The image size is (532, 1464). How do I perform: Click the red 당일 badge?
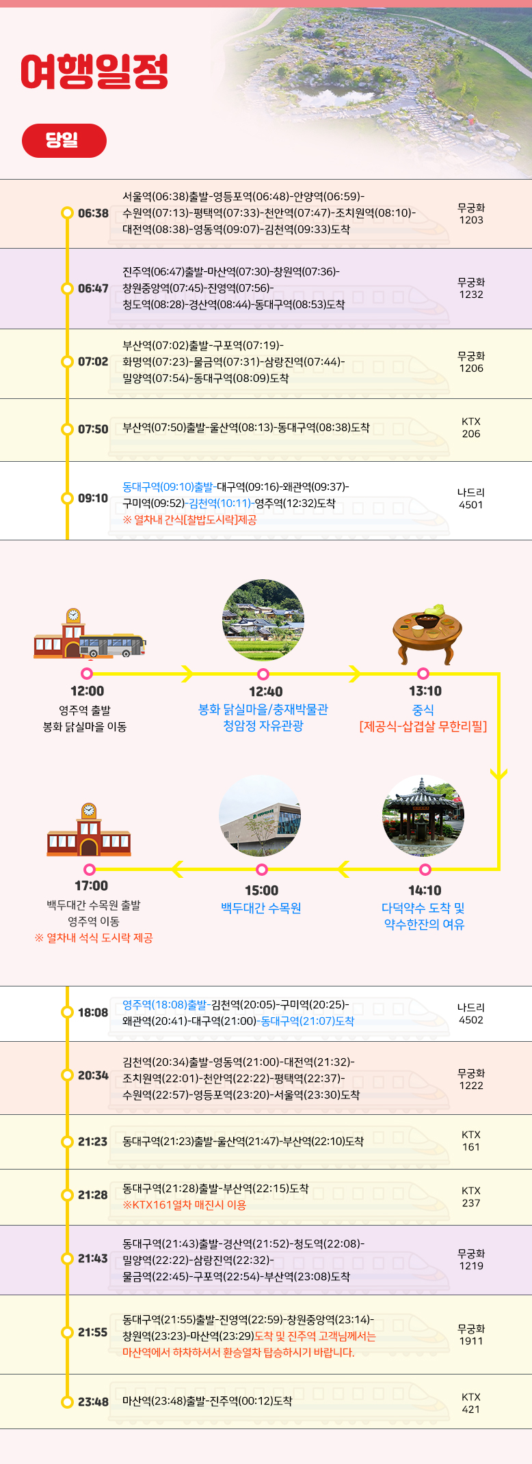click(x=64, y=141)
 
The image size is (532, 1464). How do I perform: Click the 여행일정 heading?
click(x=94, y=72)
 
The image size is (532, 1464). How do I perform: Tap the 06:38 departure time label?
click(x=93, y=213)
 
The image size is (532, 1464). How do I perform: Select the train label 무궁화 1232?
click(x=470, y=288)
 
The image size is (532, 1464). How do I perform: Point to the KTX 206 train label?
click(x=470, y=428)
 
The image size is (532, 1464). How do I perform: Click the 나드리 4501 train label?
click(x=470, y=499)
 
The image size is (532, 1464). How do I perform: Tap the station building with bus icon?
click(x=89, y=634)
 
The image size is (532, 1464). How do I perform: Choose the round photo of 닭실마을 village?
click(x=263, y=620)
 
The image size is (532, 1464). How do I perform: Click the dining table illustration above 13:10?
click(x=427, y=632)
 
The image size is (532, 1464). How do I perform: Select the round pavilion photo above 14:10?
click(x=423, y=816)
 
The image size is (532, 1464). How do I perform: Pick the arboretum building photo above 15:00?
click(x=260, y=816)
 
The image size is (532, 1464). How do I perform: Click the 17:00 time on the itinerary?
click(x=91, y=886)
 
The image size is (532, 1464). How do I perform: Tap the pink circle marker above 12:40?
click(x=263, y=674)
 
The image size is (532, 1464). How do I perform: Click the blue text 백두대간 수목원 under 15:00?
click(x=261, y=908)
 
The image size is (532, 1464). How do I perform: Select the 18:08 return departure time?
click(x=92, y=1012)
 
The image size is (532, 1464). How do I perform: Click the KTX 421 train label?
click(x=470, y=1403)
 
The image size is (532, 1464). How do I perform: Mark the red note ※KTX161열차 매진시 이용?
click(x=184, y=1204)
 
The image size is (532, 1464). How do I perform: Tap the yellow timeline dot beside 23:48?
click(x=67, y=1403)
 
